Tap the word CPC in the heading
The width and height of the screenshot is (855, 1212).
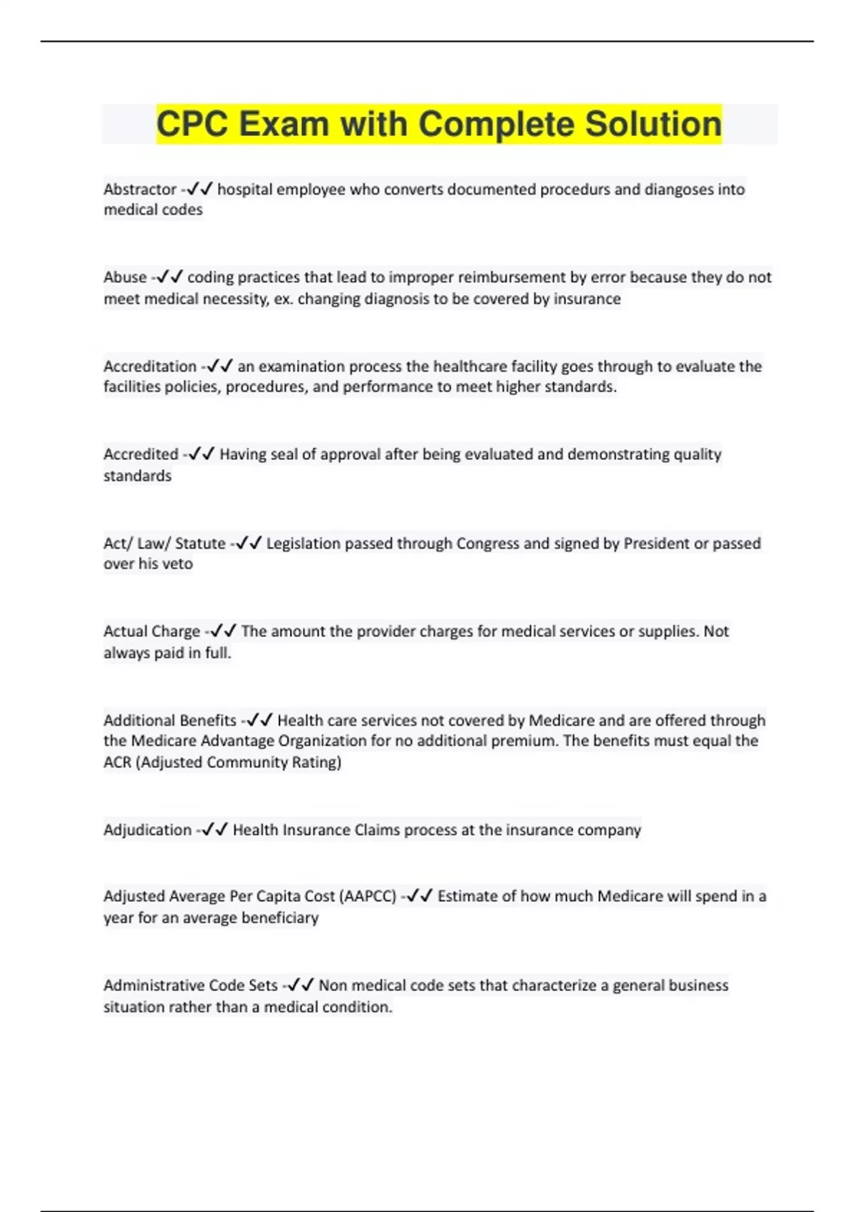pyautogui.click(x=192, y=124)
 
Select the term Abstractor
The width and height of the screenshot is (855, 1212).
pyautogui.click(x=140, y=190)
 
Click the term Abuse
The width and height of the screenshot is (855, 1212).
pyautogui.click(x=125, y=277)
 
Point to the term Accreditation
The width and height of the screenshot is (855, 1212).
pyautogui.click(x=150, y=366)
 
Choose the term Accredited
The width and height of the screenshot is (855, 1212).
pyautogui.click(x=140, y=454)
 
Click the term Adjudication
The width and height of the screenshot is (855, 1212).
pyautogui.click(x=147, y=830)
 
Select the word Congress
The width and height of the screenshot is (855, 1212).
pyautogui.click(x=487, y=543)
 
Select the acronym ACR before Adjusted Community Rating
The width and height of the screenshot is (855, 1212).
pyautogui.click(x=118, y=762)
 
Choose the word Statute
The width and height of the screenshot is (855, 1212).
pyautogui.click(x=200, y=543)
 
